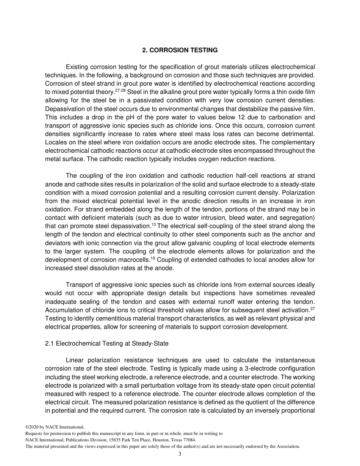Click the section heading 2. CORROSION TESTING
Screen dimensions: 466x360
coord(180,50)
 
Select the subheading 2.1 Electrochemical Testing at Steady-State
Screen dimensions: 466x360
coord(106,344)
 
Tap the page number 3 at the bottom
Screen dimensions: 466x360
coord(180,454)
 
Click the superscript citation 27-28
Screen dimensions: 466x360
coord(121,91)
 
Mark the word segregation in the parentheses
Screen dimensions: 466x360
coord(296,218)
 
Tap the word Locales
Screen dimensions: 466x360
coord(56,142)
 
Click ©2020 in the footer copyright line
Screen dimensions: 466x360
coord(33,427)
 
